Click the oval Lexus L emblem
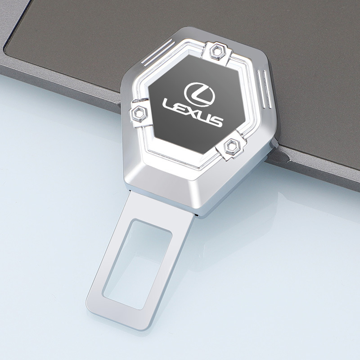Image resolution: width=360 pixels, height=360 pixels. click(x=199, y=94)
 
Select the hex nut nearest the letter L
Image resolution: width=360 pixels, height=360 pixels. click(x=138, y=113)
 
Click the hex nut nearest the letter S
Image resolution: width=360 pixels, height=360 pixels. click(x=232, y=146)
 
